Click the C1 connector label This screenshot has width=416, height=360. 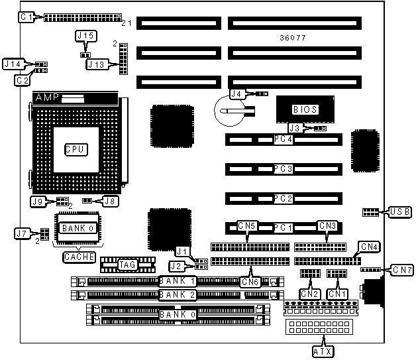pos(26,17)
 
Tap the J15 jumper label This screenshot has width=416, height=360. pos(85,34)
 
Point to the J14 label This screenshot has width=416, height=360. pos(13,64)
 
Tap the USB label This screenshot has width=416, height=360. pos(400,212)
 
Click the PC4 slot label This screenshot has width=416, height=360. pos(284,140)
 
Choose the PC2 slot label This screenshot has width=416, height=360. pos(284,198)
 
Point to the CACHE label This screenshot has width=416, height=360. pos(79,256)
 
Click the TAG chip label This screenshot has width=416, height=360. pos(127,265)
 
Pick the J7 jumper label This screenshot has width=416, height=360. pos(22,233)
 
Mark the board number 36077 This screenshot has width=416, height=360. pos(293,38)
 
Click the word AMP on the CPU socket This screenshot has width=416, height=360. pos(48,97)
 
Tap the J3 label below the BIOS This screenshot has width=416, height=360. pos(297,127)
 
